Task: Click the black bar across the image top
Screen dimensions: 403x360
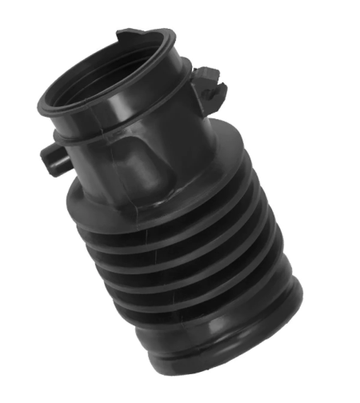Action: point(180,10)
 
